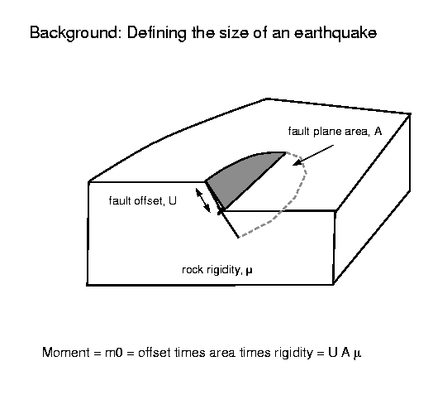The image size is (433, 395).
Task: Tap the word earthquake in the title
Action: tap(335, 33)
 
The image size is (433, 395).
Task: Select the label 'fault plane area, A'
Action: tap(335, 132)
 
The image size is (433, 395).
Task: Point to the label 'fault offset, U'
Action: tap(142, 201)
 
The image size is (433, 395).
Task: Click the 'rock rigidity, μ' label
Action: tap(217, 270)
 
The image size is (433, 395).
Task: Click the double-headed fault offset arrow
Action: tap(203, 200)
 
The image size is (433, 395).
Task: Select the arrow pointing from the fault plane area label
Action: tap(313, 155)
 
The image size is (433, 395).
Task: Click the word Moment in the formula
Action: tap(66, 353)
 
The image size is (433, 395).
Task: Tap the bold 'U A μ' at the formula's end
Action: tap(345, 354)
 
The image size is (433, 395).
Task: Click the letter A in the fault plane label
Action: tap(378, 131)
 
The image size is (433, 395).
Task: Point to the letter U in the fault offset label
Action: tap(173, 200)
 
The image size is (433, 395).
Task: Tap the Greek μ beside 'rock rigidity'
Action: tap(249, 271)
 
